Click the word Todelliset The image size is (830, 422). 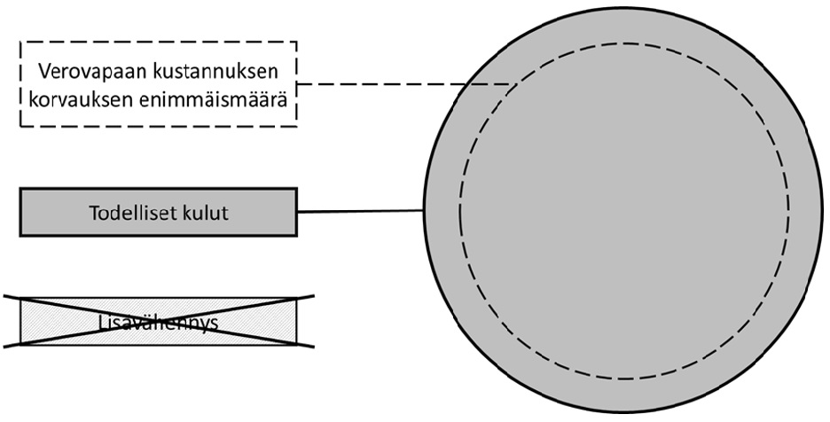124,213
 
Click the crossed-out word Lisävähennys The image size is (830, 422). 160,322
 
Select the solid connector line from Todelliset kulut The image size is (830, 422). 359,212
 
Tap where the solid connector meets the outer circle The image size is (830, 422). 423,211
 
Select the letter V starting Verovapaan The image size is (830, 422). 44,69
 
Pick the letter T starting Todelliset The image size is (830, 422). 93,213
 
